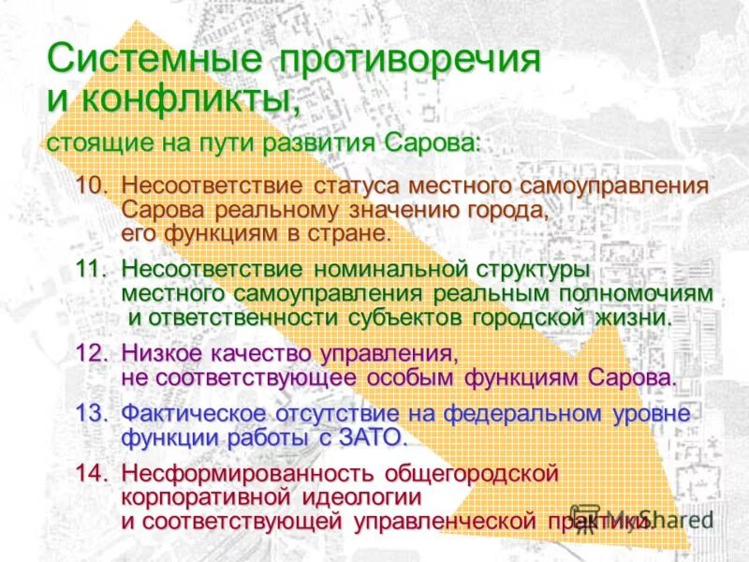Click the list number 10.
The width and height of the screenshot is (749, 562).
[95, 185]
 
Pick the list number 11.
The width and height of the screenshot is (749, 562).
[95, 270]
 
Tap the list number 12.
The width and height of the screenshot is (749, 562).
[95, 354]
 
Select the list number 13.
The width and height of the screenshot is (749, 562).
[95, 413]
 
